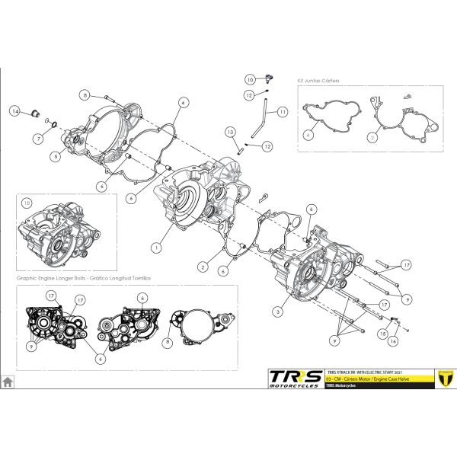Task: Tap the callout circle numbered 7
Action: pyautogui.click(x=37, y=139)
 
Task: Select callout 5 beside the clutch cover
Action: pyautogui.click(x=56, y=156)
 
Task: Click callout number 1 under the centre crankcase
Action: pyautogui.click(x=155, y=248)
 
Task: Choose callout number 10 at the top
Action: pyautogui.click(x=249, y=78)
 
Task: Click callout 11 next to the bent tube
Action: pyautogui.click(x=283, y=112)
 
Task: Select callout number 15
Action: pyautogui.click(x=382, y=333)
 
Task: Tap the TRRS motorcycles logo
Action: pyautogui.click(x=294, y=378)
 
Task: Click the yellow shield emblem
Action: pyautogui.click(x=441, y=378)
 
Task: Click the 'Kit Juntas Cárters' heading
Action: pyautogui.click(x=317, y=79)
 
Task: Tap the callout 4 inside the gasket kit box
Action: pyautogui.click(x=308, y=135)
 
